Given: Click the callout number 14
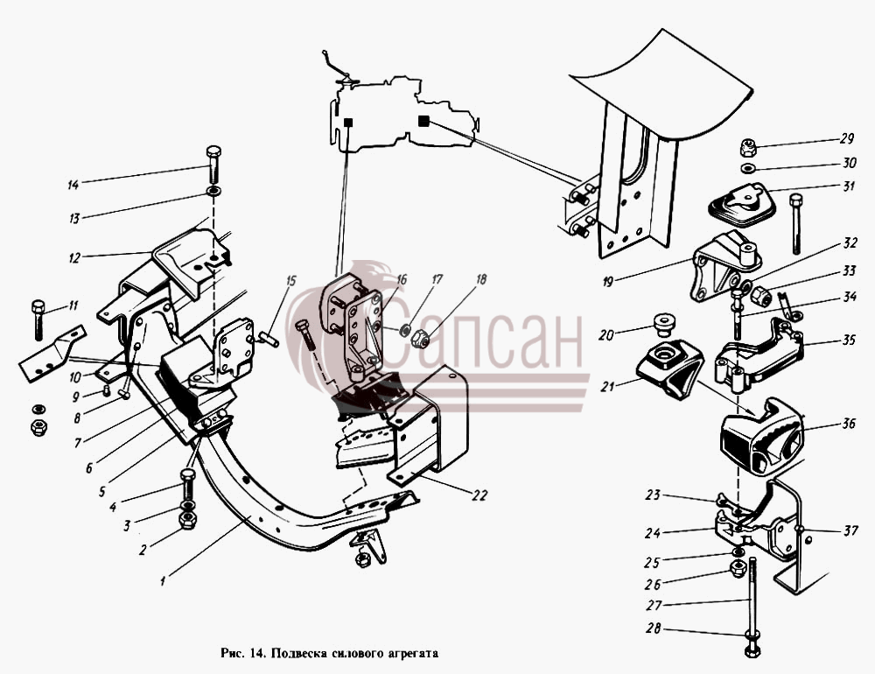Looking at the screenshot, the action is tap(73, 185).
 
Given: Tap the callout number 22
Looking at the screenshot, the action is tap(479, 495).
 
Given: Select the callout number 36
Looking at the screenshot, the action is tap(849, 424).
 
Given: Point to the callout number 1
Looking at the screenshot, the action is tap(163, 581).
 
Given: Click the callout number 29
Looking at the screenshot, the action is tap(847, 139).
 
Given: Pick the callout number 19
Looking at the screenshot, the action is tap(608, 282).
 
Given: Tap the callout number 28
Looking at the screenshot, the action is tap(654, 628).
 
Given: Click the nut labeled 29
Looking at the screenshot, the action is tap(749, 147).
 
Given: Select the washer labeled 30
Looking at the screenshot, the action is tap(749, 168).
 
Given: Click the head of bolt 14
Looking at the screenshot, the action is tap(213, 152).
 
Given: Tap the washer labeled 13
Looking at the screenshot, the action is tap(213, 193).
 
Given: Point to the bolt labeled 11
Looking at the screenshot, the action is tap(38, 320).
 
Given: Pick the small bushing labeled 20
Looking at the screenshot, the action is tap(662, 324).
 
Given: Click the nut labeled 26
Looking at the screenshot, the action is tap(737, 569).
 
